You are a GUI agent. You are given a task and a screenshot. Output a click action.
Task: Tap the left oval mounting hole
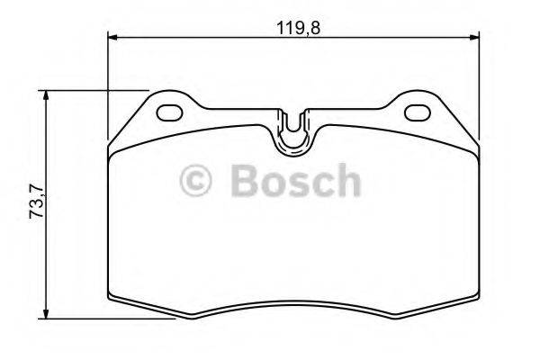[x=170, y=112]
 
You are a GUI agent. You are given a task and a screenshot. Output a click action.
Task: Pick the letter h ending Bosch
[x=345, y=181]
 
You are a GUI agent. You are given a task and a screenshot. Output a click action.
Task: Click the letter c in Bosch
[x=319, y=184]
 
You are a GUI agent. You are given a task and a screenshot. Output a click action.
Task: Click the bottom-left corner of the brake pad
[x=111, y=299]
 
